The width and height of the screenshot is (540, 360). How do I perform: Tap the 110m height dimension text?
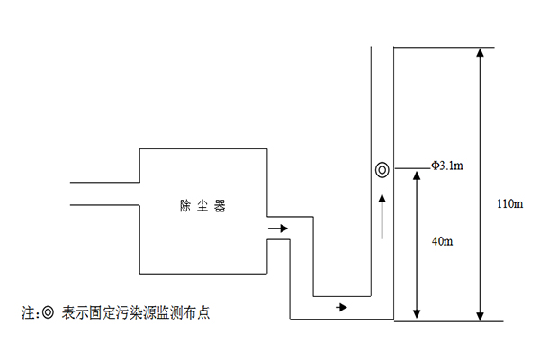[x=509, y=204]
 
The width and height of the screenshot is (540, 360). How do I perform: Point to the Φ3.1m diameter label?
[x=446, y=166]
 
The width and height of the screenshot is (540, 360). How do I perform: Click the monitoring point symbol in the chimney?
[x=382, y=168]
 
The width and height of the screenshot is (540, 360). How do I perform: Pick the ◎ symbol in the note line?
[x=48, y=313]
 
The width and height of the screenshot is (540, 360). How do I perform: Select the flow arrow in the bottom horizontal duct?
[x=340, y=307]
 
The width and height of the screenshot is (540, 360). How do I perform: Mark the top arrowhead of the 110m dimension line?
[x=481, y=53]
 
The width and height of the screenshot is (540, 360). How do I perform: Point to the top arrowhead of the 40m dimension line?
[x=415, y=175]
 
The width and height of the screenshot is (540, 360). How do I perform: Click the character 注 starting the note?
[x=27, y=313]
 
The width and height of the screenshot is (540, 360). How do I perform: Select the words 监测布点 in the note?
[x=189, y=313]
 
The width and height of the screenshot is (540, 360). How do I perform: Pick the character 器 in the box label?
[x=219, y=206]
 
